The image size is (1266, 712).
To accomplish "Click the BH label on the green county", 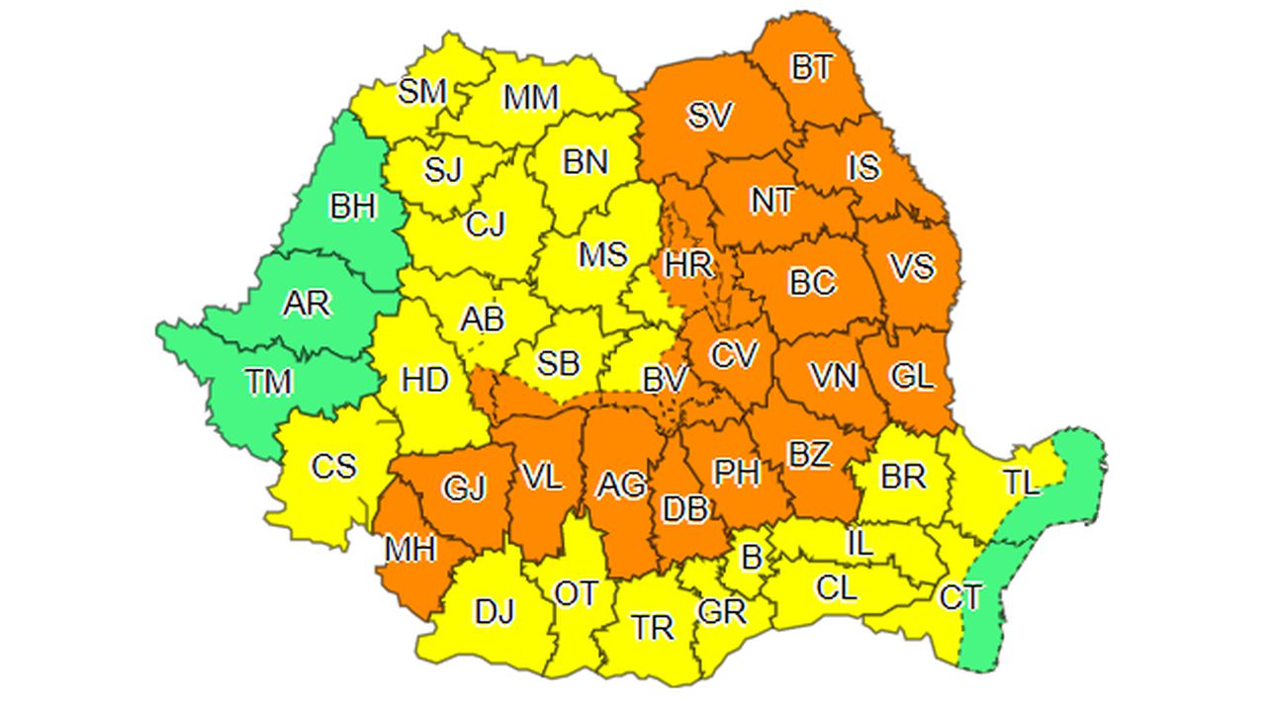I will click(353, 207).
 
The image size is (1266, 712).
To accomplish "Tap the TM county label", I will click(269, 381).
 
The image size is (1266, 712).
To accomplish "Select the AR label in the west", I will click(306, 304).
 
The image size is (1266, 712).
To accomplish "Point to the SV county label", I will click(709, 117).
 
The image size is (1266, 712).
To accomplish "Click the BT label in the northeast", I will click(812, 68).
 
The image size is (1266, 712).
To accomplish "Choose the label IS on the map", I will click(863, 167).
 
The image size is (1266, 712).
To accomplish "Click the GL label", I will click(911, 377).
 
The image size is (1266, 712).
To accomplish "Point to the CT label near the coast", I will click(960, 597).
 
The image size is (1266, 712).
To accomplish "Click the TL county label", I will click(1021, 483).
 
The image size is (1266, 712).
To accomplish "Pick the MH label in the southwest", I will click(410, 549).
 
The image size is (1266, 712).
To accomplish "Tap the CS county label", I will click(333, 466).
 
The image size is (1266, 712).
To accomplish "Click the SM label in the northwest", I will click(422, 92).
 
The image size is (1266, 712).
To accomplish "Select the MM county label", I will click(531, 98).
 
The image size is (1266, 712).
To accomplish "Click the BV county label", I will click(665, 379).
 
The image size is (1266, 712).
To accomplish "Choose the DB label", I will click(684, 509).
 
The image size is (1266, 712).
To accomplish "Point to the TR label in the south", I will click(653, 627).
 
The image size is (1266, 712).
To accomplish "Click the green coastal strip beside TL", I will click(1078, 465).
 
